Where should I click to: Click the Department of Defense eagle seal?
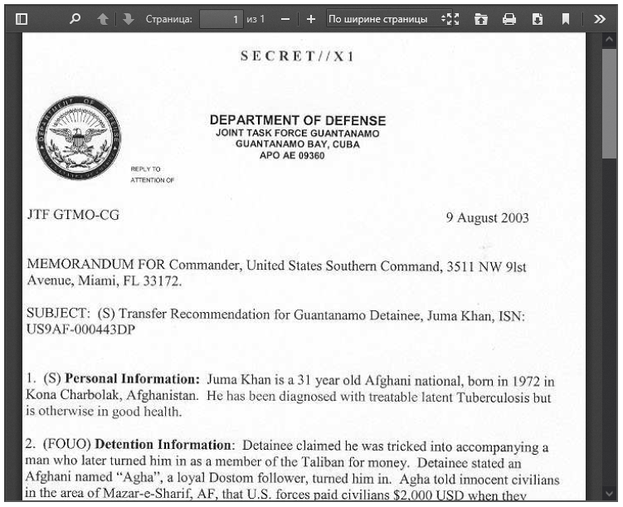79,135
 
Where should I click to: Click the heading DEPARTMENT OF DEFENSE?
297,121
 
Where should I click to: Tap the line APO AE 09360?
297,155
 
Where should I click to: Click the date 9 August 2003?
487,218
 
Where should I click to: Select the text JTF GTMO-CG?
74,215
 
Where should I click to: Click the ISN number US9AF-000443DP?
80,329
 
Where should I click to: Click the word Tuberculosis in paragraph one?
492,396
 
